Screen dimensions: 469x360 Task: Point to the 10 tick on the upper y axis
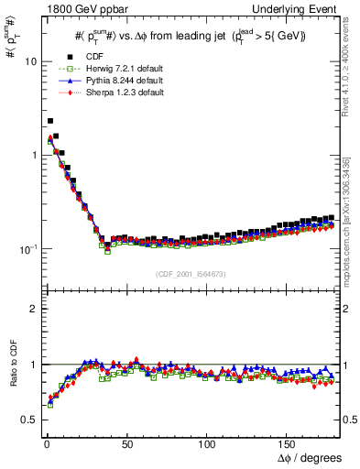click(x=29, y=61)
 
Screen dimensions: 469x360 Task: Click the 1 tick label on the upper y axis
click(x=32, y=155)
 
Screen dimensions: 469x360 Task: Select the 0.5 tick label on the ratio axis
click(x=28, y=420)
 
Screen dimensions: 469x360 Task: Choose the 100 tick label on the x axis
click(x=207, y=442)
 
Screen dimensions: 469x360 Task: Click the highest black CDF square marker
click(x=49, y=121)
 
